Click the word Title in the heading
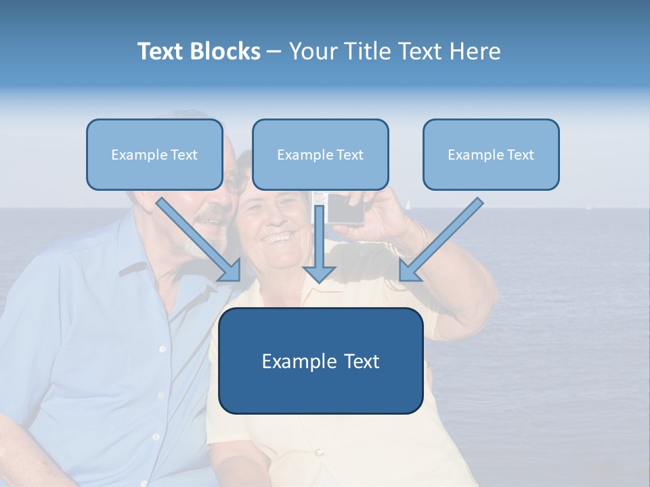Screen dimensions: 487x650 point(364,51)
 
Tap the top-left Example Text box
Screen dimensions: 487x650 point(154,154)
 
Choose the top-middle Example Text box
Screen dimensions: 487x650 point(320,154)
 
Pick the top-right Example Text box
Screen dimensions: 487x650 point(491,154)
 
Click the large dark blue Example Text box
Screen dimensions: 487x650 point(320,361)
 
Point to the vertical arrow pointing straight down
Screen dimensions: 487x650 point(319,250)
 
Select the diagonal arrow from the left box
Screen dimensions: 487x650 point(200,240)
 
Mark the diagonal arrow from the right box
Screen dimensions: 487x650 point(440,240)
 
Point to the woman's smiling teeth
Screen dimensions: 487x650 point(279,238)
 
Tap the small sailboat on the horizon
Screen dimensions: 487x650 point(409,204)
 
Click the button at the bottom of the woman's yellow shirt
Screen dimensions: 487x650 point(318,453)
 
